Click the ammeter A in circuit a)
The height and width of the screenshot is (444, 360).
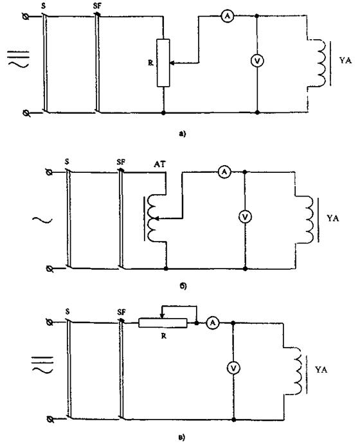click(227, 17)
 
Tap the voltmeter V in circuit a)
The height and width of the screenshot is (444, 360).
click(257, 61)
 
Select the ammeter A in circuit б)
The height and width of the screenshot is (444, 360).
click(224, 172)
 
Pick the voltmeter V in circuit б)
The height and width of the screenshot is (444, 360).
click(245, 217)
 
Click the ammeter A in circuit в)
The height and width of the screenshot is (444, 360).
click(213, 323)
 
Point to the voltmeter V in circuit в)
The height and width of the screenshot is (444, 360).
click(233, 368)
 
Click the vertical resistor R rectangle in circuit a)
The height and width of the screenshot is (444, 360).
click(163, 63)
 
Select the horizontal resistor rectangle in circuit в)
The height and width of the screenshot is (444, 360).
click(163, 323)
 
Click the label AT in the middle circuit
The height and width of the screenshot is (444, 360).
click(159, 164)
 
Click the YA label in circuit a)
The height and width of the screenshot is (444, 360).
click(346, 60)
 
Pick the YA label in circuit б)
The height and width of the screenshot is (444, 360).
click(333, 218)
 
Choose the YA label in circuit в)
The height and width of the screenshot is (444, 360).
click(321, 370)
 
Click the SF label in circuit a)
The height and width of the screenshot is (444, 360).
click(97, 6)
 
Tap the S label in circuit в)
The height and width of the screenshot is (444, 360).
click(67, 312)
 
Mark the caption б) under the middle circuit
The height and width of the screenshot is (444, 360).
click(183, 287)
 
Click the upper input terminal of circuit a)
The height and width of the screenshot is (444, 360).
click(26, 17)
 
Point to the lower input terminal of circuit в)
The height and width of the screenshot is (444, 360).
click(50, 420)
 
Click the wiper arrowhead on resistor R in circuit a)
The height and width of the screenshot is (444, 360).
click(172, 63)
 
